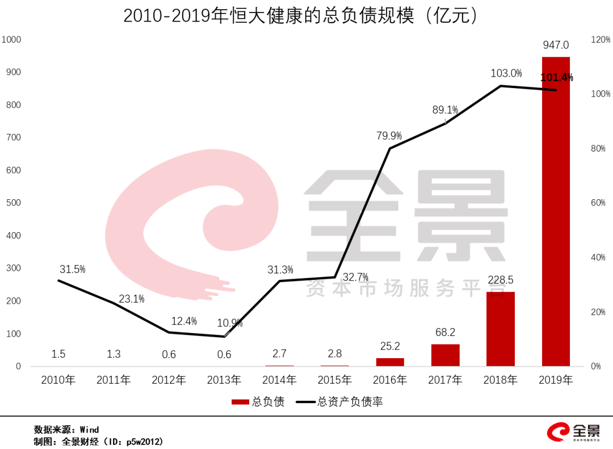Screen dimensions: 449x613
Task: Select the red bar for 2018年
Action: tap(501, 329)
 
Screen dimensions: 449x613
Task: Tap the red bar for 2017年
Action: tap(446, 355)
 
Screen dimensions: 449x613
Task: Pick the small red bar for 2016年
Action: tap(390, 362)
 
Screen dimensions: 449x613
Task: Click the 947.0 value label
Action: tap(556, 45)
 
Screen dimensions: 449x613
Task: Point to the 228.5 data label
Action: tap(501, 280)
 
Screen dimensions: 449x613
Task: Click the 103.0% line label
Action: tap(506, 73)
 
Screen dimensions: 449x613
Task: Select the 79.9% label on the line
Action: tap(389, 136)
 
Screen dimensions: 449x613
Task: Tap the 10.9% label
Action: tap(230, 323)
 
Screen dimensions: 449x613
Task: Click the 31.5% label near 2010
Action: tap(72, 269)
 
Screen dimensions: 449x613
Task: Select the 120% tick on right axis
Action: tap(601, 39)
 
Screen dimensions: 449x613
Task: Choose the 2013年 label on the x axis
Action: tap(224, 380)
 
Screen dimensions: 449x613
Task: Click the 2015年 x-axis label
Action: tap(335, 380)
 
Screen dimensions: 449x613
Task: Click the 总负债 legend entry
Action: tap(258, 402)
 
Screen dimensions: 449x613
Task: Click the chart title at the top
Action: tap(301, 16)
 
